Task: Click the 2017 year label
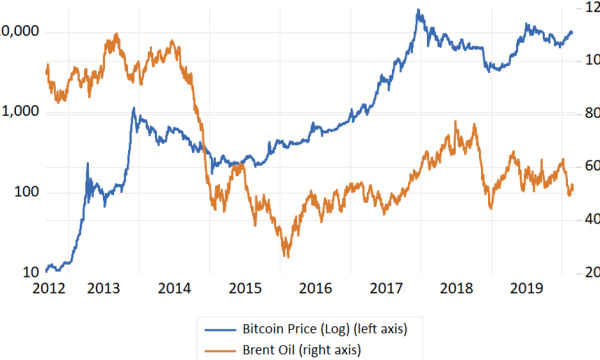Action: pos(387,288)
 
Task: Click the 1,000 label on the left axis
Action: pos(22,112)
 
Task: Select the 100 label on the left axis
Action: pos(28,192)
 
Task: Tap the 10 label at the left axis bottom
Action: pos(32,272)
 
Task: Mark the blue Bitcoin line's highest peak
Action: pos(418,11)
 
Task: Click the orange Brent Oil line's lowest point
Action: pos(287,256)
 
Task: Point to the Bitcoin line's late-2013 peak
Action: pos(134,108)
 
